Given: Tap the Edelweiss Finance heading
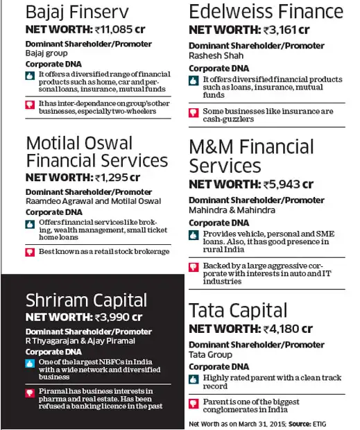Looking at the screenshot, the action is [x=266, y=12].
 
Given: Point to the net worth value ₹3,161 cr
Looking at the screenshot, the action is [x=285, y=29].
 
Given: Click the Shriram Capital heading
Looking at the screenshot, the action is [x=86, y=300].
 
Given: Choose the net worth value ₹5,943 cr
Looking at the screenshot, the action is [x=287, y=184].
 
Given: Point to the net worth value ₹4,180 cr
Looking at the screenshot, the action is [x=286, y=328].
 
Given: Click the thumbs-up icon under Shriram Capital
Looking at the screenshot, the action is [x=30, y=363].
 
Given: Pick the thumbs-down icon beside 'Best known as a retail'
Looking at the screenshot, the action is [x=30, y=251].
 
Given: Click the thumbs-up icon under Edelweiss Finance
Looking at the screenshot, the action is [x=194, y=80].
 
